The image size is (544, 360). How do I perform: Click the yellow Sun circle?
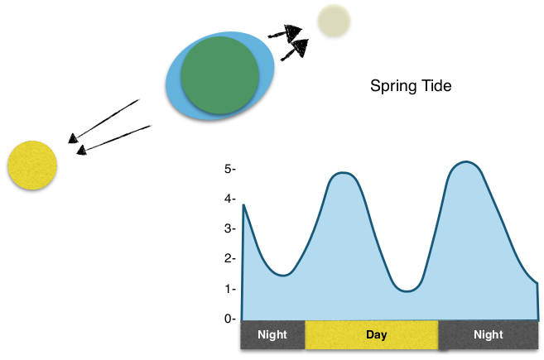pyautogui.click(x=32, y=165)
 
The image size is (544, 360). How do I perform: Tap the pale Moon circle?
pyautogui.click(x=334, y=21)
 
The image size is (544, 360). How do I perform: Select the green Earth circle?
pyautogui.click(x=220, y=75)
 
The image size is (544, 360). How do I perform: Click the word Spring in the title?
pyautogui.click(x=390, y=86)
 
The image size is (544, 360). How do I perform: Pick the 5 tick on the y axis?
pyautogui.click(x=230, y=169)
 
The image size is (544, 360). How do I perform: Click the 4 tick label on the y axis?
pyautogui.click(x=230, y=199)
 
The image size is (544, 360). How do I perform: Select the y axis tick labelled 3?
pyautogui.click(x=230, y=228)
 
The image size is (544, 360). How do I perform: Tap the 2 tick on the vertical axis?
pyautogui.click(x=230, y=258)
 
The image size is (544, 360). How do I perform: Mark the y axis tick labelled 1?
pyautogui.click(x=230, y=289)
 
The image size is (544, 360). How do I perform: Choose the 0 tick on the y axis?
pyautogui.click(x=230, y=319)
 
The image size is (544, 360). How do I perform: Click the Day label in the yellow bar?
pyautogui.click(x=377, y=334)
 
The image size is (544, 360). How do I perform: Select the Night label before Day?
pyautogui.click(x=272, y=334)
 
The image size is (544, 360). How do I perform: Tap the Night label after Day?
pyautogui.click(x=489, y=334)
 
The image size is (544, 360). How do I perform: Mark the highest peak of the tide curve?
pyautogui.click(x=466, y=161)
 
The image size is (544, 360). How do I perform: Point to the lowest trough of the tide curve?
pyautogui.click(x=407, y=291)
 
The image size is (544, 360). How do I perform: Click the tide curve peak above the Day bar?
pyautogui.click(x=343, y=172)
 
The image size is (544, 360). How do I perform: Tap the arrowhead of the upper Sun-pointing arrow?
pyautogui.click(x=73, y=138)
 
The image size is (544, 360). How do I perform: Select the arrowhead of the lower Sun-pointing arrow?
pyautogui.click(x=81, y=150)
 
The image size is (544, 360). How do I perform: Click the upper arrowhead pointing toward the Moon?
pyautogui.click(x=292, y=33)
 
